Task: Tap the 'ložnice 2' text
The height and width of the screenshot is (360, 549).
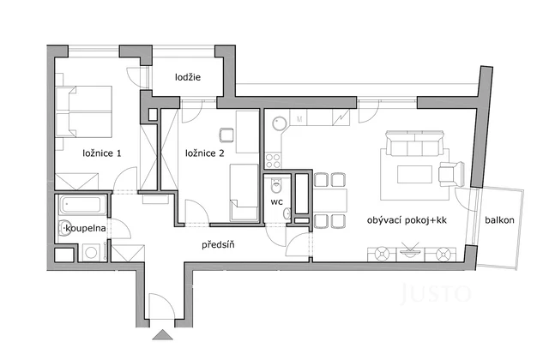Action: (205, 154)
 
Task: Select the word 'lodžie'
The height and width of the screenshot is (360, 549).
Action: (188, 77)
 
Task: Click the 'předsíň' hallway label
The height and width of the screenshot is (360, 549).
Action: (219, 246)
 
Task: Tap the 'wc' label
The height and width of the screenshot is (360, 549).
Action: (276, 202)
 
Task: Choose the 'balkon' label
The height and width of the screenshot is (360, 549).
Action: (498, 220)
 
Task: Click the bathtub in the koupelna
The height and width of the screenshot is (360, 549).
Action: (82, 207)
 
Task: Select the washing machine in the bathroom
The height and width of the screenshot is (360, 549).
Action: (91, 253)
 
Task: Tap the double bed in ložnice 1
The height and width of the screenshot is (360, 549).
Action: (83, 110)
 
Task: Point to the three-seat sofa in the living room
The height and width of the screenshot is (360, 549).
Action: (414, 141)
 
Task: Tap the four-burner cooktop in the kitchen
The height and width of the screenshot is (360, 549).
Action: (274, 159)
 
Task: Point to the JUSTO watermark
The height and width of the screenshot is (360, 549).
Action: (436, 294)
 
